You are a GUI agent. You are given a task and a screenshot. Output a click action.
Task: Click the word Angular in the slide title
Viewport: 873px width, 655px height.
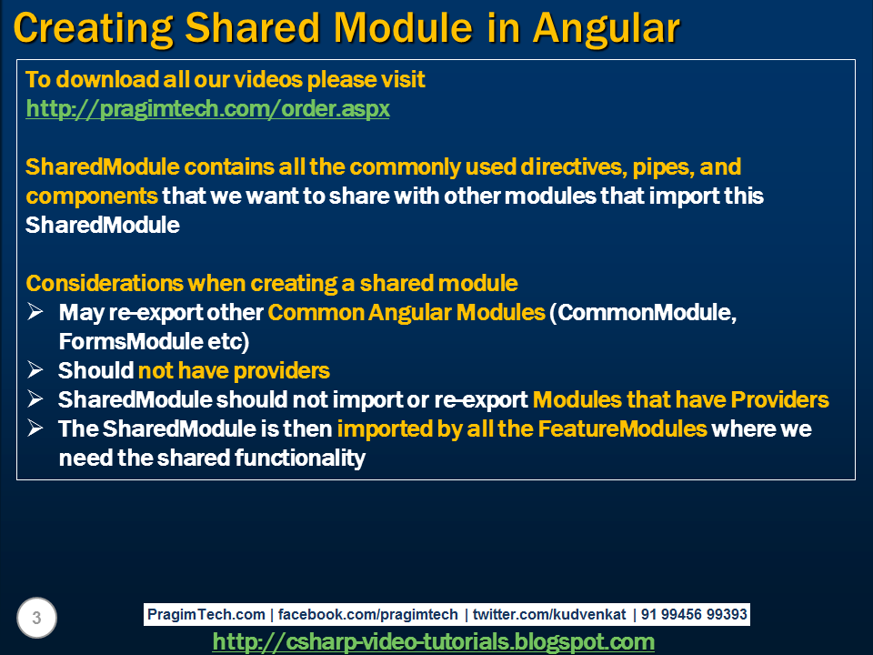[x=607, y=29]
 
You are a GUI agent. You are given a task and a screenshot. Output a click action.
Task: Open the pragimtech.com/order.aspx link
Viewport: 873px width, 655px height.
[x=207, y=108]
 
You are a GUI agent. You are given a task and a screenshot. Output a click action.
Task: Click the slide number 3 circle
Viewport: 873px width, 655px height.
[x=36, y=618]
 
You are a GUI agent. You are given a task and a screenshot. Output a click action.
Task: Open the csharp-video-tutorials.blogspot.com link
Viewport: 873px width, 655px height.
[x=434, y=641]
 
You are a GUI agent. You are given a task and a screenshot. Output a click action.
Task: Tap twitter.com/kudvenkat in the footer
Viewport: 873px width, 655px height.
[x=549, y=614]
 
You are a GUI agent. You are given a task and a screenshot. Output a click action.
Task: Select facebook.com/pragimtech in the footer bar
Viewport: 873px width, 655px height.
[x=368, y=614]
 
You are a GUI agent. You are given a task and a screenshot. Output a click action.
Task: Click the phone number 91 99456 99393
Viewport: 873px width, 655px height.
[x=694, y=614]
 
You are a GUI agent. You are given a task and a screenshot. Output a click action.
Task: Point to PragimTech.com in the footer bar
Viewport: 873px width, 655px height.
[x=206, y=614]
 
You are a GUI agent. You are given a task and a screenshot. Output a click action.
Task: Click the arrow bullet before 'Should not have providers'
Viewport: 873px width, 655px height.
[x=35, y=370]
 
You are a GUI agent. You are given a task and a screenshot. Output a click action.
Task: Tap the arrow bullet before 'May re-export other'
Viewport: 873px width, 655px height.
[x=35, y=312]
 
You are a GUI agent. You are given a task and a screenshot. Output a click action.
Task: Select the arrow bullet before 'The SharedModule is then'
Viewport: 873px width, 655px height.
[x=35, y=428]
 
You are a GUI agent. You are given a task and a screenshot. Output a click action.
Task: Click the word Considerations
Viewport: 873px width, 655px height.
[x=105, y=284]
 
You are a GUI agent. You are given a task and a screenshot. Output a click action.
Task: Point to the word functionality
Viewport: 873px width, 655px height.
[x=300, y=458]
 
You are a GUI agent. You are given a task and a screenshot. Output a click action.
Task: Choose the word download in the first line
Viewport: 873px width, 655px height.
[x=107, y=80]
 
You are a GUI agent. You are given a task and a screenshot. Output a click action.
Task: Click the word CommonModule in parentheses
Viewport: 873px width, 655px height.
[x=647, y=312]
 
